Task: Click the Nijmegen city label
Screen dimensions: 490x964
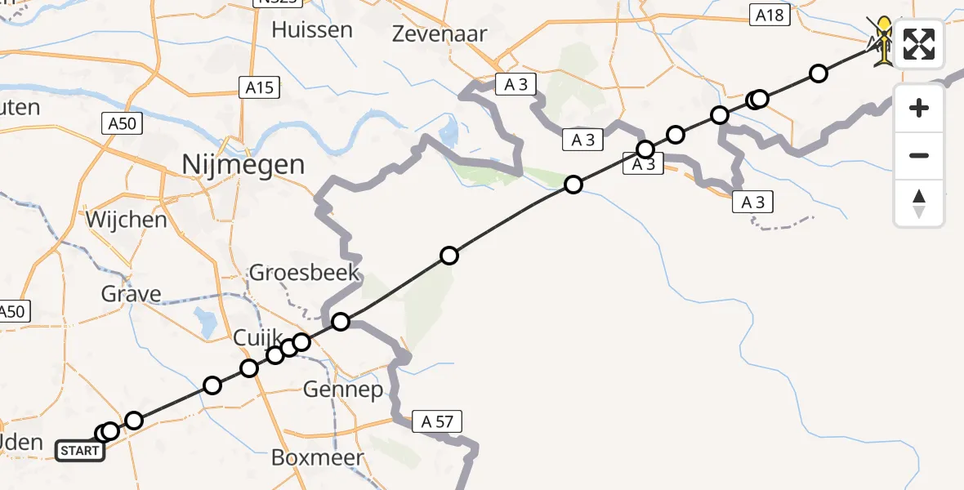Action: (x=244, y=165)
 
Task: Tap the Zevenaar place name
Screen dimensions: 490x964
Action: (x=440, y=34)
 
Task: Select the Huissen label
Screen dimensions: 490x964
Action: (x=312, y=30)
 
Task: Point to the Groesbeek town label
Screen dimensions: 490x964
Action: (x=305, y=272)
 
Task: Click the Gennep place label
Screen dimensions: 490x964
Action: (x=343, y=390)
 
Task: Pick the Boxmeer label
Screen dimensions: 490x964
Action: (x=317, y=457)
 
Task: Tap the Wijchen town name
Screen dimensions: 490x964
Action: (x=125, y=220)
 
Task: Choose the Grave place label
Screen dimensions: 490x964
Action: (x=132, y=294)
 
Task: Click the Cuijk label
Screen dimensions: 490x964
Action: (x=258, y=337)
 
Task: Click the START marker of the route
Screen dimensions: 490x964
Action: (x=80, y=451)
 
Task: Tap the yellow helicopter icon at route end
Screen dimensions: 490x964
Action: (x=883, y=41)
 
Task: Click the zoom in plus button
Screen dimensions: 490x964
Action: (x=919, y=108)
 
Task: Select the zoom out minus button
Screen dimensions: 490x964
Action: (x=919, y=155)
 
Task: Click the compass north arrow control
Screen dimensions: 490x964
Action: (x=919, y=203)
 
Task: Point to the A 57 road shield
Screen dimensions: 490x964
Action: (x=437, y=421)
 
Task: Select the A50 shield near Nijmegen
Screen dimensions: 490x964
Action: (x=123, y=123)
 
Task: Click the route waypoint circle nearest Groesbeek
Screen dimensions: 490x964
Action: (x=341, y=321)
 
